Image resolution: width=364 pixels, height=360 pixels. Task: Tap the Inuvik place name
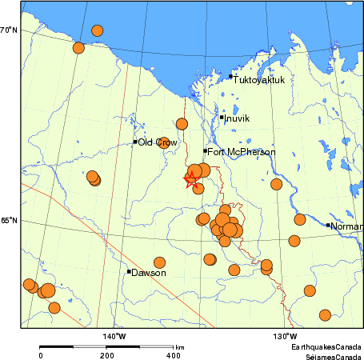click(x=237, y=118)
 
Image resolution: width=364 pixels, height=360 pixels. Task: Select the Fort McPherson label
click(x=241, y=152)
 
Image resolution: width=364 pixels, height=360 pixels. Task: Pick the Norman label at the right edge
click(x=346, y=226)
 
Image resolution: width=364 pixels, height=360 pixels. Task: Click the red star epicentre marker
click(x=191, y=179)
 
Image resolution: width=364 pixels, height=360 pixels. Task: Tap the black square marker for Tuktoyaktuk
click(x=230, y=77)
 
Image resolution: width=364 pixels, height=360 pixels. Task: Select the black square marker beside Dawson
click(x=129, y=271)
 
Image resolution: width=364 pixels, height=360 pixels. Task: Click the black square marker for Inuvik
click(x=222, y=118)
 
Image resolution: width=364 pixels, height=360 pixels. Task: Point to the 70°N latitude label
click(x=9, y=30)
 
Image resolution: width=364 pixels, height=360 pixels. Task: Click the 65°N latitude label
click(x=9, y=221)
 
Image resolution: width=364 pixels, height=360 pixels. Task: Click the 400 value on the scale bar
click(x=173, y=355)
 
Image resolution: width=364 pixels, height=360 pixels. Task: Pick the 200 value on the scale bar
click(x=106, y=355)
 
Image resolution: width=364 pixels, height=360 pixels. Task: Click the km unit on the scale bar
click(x=180, y=347)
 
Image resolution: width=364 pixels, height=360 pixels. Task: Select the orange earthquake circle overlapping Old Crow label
click(x=164, y=142)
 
